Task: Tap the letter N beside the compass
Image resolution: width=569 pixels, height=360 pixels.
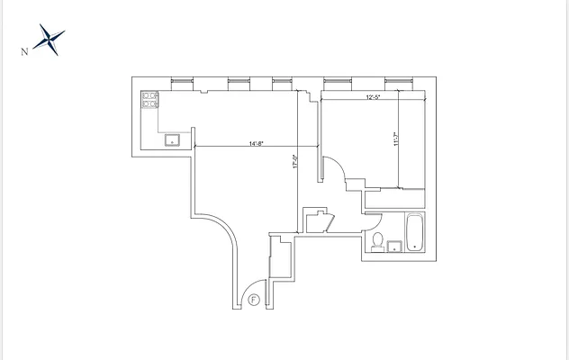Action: click(24, 51)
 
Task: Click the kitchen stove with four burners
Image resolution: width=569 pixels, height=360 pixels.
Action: click(149, 99)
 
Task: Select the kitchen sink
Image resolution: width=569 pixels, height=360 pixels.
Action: click(171, 139)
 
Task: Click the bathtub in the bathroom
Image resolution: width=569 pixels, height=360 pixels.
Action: click(415, 232)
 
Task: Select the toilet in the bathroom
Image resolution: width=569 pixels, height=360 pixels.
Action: click(380, 240)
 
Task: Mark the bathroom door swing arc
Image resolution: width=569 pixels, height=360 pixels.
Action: click(374, 223)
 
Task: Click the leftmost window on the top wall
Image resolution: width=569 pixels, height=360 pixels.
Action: click(180, 83)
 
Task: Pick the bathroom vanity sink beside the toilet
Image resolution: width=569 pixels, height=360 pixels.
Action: click(393, 246)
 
